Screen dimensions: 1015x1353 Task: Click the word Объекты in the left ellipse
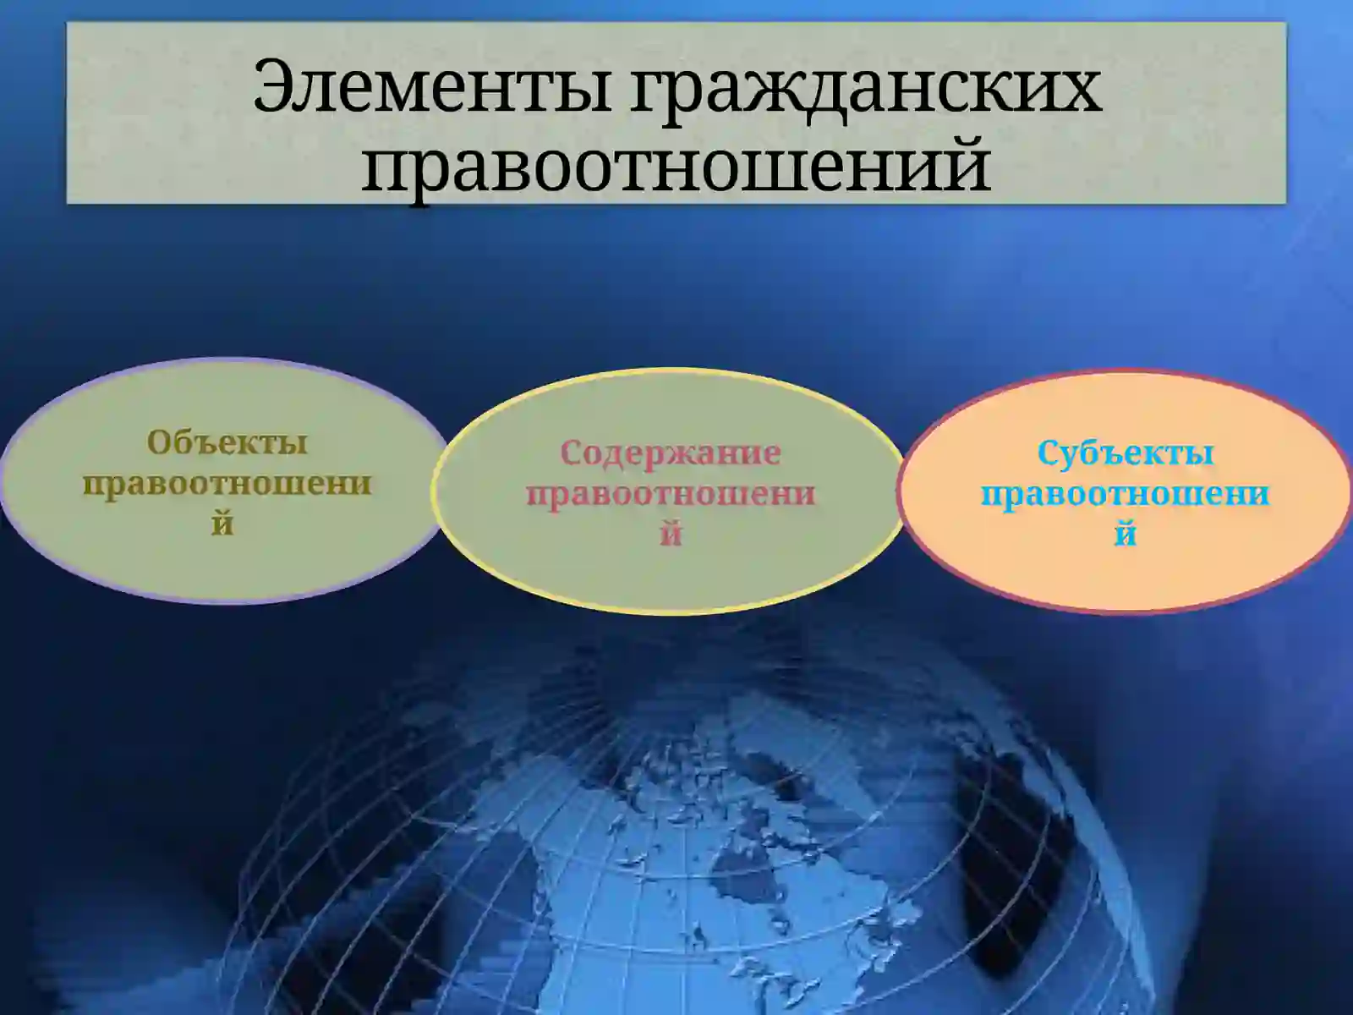227,442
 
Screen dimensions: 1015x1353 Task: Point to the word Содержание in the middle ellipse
671,453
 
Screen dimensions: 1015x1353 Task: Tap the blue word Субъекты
1126,453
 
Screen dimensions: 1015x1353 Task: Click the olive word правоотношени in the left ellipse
227,483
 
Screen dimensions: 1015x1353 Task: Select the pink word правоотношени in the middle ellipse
671,493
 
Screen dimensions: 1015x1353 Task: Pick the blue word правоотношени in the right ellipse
1126,493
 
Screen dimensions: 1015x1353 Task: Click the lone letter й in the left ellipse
222,524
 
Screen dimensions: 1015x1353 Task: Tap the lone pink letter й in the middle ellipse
671,534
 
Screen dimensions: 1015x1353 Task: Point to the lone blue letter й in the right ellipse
1126,534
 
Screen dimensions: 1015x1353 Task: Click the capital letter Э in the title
276,86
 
